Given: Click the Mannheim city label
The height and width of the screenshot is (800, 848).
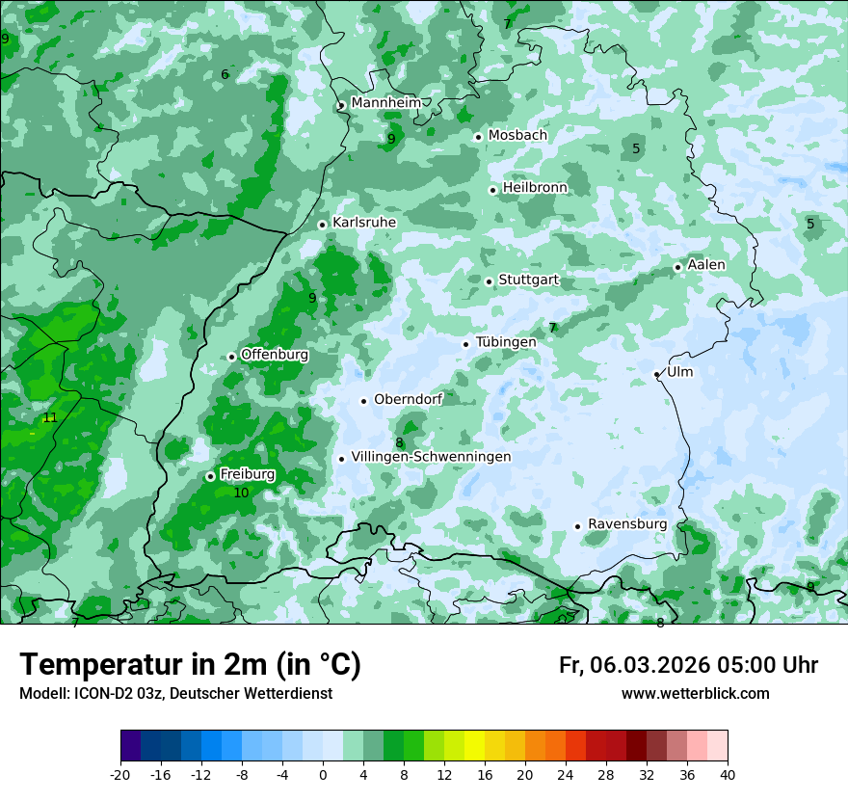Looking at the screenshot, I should click(384, 103).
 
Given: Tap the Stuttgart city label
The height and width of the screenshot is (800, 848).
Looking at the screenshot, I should click(528, 280).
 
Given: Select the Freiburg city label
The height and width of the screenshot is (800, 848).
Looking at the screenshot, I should click(247, 474).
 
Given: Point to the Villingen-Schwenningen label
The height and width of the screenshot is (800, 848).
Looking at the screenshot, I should click(431, 457).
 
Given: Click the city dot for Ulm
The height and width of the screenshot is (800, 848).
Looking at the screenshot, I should click(656, 374).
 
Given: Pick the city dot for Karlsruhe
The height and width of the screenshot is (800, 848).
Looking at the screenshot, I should click(322, 225).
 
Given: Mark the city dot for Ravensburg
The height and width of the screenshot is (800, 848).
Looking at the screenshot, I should click(577, 526).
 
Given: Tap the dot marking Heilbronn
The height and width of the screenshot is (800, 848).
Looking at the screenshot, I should click(492, 190).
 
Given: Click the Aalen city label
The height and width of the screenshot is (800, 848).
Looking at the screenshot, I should click(706, 265).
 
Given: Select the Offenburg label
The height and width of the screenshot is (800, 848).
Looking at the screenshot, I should click(275, 355).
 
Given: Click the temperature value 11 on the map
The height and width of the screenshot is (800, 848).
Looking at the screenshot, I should click(50, 418).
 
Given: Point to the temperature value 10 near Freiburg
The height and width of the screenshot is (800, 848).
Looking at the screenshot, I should click(241, 493).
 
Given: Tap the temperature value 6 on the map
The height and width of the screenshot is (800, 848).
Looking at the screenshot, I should click(225, 75).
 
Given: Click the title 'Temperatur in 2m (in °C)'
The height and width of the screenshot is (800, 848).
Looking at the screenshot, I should click(190, 664).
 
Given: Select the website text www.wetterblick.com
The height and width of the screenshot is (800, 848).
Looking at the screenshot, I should click(695, 693).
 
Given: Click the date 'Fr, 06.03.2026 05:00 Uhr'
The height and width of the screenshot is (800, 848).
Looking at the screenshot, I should click(688, 665).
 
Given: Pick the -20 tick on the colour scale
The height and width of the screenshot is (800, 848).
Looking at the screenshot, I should click(119, 774).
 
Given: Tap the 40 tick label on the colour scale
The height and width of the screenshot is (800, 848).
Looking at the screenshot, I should click(727, 774).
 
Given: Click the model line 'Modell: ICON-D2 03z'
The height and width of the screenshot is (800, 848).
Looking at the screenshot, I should click(175, 693).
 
